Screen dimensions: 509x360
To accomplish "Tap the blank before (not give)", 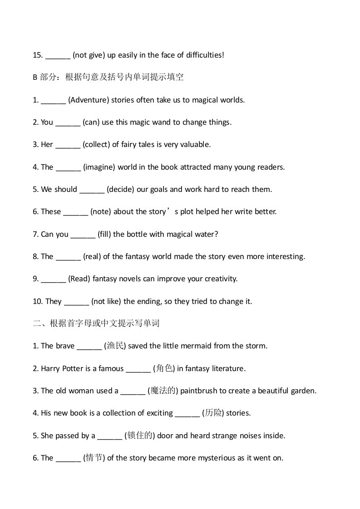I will point(58,55).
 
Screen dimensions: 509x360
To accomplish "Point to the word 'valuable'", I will point(195,144).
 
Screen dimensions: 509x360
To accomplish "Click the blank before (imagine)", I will point(68,167).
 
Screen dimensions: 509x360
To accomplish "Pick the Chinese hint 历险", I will point(213,413).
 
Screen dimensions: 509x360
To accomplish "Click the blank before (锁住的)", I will point(110,436).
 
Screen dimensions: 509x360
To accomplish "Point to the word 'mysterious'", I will point(211,458).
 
